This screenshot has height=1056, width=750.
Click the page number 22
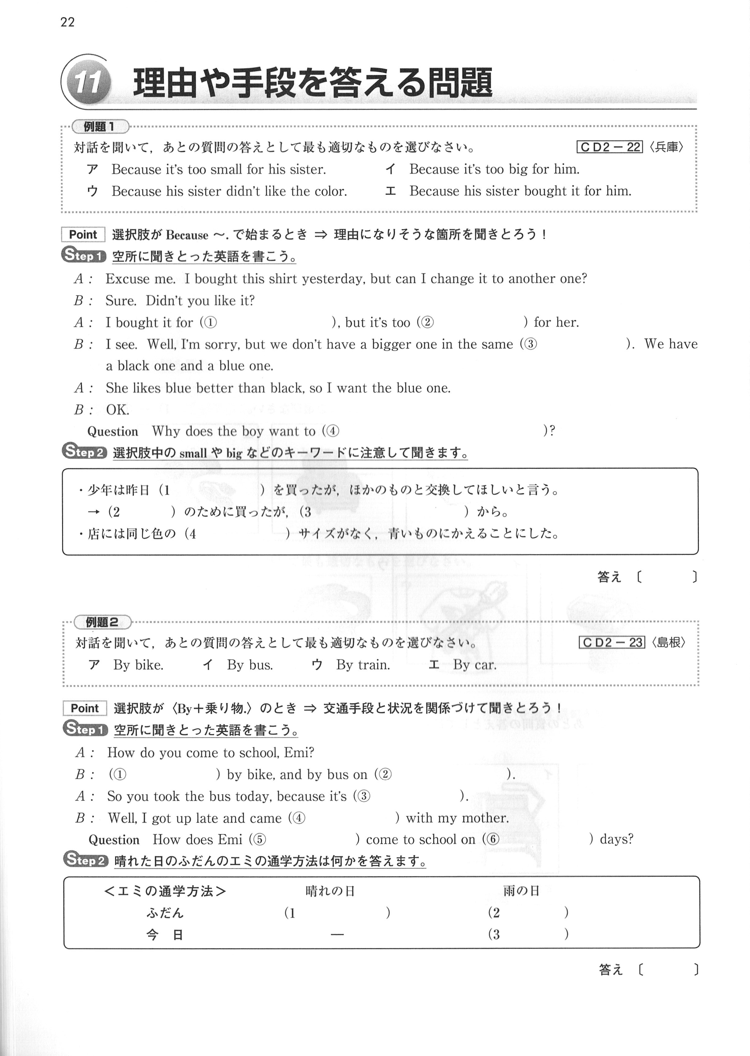(67, 22)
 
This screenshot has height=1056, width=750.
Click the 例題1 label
(100, 126)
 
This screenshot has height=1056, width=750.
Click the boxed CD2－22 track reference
(610, 147)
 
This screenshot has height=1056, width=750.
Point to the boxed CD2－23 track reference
(612, 643)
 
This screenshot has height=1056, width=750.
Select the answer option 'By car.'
(475, 665)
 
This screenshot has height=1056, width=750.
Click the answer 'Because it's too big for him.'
(494, 169)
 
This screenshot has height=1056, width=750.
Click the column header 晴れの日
(330, 891)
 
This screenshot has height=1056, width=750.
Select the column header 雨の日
(521, 891)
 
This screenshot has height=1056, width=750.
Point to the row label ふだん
(165, 913)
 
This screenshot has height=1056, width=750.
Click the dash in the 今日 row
(337, 934)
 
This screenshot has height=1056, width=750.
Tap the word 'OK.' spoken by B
(118, 410)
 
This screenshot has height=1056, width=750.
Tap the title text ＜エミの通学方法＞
(165, 891)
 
